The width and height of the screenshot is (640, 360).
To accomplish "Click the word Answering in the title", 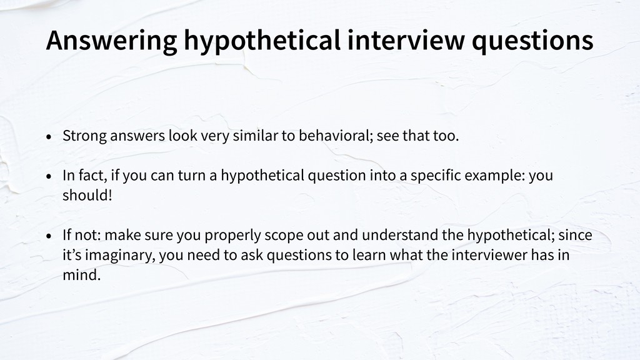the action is tap(111, 41).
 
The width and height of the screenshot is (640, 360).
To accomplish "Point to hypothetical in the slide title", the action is tap(262, 41).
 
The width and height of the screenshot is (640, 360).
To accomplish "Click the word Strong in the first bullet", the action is tap(84, 136).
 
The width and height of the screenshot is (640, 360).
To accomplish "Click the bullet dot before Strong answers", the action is tap(49, 137).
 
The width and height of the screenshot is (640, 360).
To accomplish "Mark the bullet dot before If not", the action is tap(49, 236).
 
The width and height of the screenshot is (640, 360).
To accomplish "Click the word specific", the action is tap(436, 176).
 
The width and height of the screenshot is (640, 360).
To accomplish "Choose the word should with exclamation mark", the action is tap(87, 195).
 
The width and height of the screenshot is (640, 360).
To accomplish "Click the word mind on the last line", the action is tap(82, 275).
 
